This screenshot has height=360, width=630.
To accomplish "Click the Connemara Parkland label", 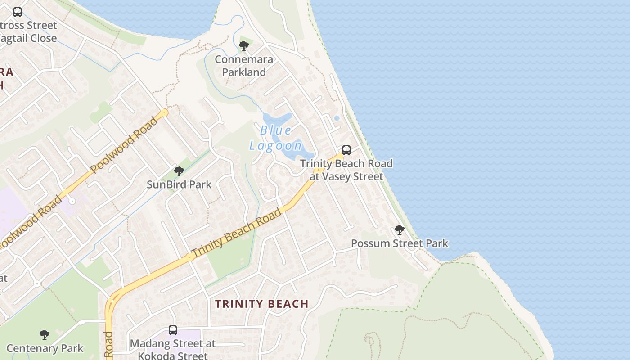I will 244,66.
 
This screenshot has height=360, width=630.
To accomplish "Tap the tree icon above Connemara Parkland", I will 244,45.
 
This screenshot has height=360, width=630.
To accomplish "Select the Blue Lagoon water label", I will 275,138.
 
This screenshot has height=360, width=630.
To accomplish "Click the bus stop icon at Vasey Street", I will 346,150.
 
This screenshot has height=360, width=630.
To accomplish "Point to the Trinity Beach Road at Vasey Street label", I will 346,170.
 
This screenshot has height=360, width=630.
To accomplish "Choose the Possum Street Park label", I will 399,243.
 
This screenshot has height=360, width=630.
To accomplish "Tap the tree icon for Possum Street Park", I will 399,230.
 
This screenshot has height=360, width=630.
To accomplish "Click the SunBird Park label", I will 179,184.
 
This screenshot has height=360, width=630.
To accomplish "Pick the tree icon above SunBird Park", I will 179,171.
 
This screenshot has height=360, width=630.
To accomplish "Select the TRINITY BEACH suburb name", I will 262,304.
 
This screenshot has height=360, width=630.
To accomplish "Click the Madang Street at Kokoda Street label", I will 173,349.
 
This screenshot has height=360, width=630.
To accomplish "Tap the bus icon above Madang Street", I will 173,330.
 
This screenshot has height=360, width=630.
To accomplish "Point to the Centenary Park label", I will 45,348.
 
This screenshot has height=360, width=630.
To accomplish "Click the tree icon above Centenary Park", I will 44,334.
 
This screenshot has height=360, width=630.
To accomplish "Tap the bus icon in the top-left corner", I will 18,12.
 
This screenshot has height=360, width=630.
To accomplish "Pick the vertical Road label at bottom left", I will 108,344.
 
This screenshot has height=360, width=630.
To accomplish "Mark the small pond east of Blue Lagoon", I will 337,118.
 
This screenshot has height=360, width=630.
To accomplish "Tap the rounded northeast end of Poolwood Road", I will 165,112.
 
